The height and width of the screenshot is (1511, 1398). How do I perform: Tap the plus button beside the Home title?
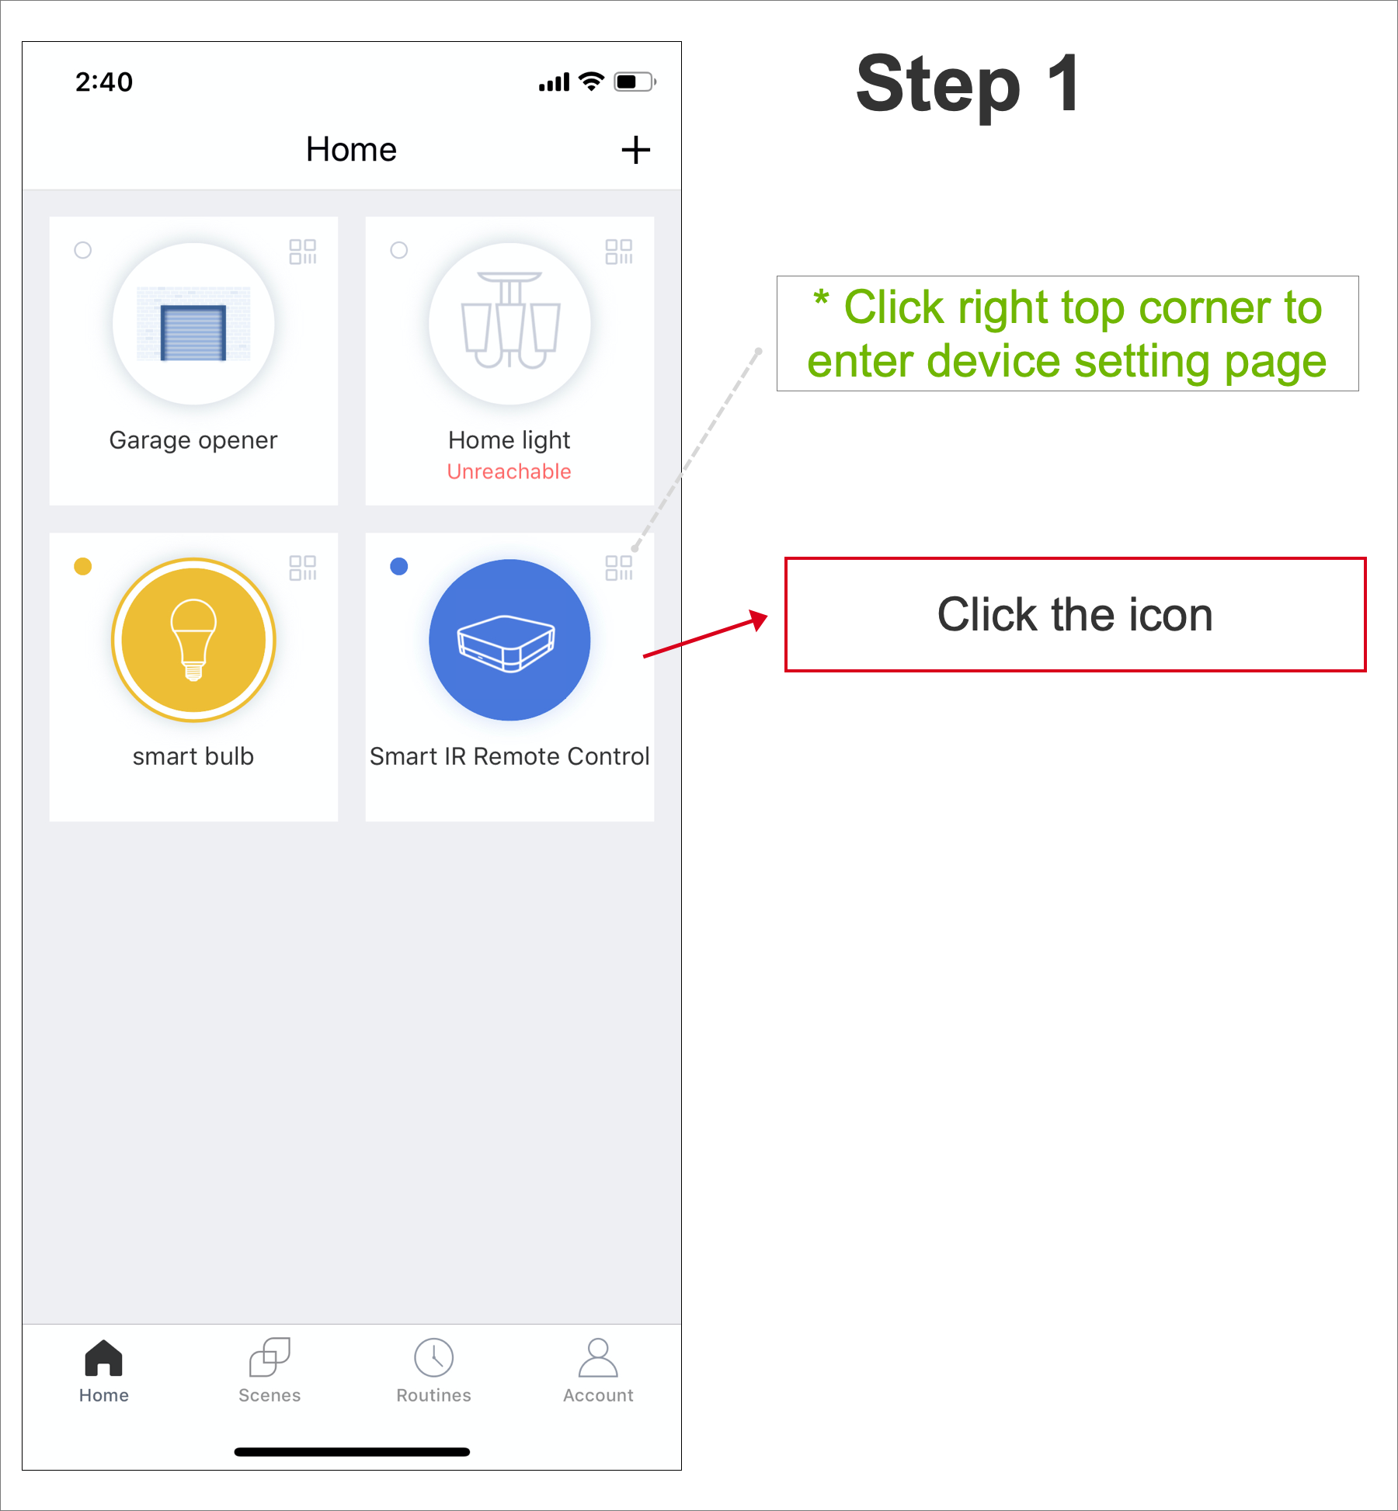[635, 150]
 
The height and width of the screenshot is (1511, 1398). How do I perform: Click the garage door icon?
[193, 324]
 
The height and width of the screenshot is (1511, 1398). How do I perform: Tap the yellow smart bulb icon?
[193, 640]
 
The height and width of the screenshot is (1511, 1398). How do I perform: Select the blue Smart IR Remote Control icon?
[509, 640]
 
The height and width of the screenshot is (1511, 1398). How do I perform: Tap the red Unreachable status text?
[509, 471]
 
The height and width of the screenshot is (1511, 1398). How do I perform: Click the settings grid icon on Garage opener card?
[303, 252]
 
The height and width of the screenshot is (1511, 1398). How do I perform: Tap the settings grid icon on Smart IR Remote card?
[619, 568]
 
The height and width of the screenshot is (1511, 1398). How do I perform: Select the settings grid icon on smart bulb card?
[303, 568]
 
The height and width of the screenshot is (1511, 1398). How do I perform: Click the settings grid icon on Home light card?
[619, 252]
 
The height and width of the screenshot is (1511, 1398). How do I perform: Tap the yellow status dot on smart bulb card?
[83, 566]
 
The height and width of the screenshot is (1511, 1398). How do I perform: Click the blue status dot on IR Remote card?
[399, 566]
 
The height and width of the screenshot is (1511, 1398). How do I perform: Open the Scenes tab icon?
[270, 1357]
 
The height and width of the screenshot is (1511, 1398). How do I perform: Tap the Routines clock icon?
[434, 1357]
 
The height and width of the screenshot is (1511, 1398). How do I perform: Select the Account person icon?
[598, 1357]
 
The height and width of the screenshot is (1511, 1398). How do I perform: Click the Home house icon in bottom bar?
[104, 1357]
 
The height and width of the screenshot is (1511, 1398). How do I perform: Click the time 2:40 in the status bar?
[104, 82]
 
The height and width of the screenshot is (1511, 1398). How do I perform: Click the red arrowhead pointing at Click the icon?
[758, 620]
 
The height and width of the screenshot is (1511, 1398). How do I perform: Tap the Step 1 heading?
[968, 84]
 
